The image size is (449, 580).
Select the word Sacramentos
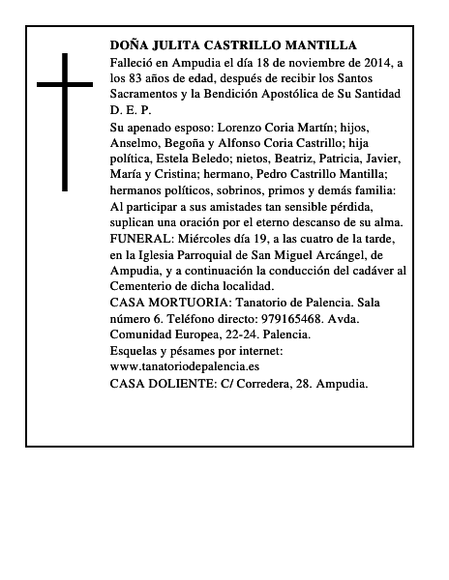(x=145, y=95)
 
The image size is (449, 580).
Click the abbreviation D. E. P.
(x=132, y=111)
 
